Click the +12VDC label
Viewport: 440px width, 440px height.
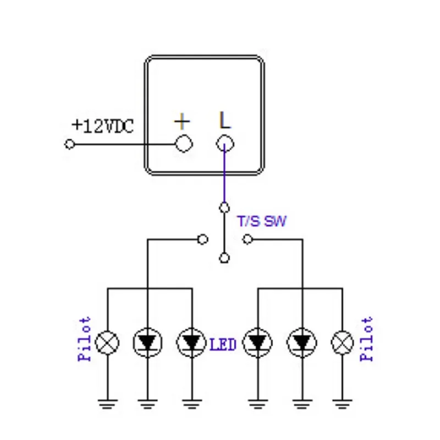(x=102, y=126)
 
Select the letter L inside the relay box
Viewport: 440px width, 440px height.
(x=224, y=120)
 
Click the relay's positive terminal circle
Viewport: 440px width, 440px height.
(x=183, y=144)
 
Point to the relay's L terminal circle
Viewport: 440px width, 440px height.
(x=224, y=144)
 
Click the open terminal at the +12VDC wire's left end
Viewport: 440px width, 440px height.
(x=69, y=144)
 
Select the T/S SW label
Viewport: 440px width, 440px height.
(x=261, y=222)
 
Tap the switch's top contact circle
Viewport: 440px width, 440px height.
(x=224, y=207)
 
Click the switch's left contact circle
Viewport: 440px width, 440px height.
(x=202, y=239)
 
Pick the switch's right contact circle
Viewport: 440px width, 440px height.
(x=248, y=239)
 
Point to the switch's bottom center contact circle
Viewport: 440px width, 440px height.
(x=224, y=257)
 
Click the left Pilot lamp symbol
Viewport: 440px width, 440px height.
(x=107, y=343)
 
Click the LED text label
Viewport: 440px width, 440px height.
(x=223, y=345)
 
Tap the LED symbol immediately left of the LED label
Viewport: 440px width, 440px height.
(x=190, y=343)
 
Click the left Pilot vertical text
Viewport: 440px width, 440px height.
(x=85, y=339)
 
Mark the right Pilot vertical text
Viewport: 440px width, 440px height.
(x=367, y=339)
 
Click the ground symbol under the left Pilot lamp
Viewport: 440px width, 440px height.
(x=107, y=404)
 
